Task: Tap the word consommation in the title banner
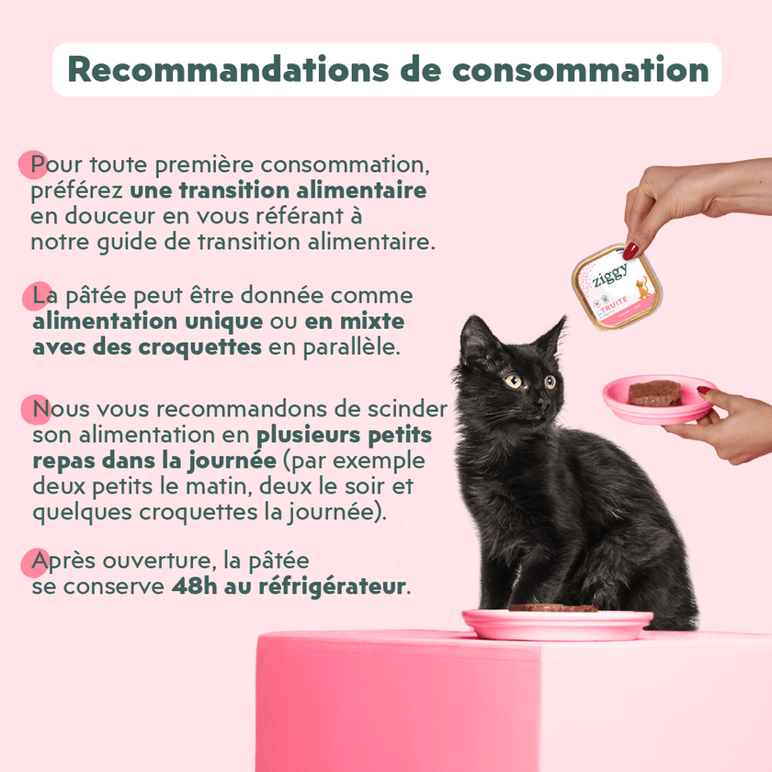pos(581,70)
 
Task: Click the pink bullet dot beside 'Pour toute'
pos(32,165)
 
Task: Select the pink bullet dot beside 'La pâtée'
pos(37,296)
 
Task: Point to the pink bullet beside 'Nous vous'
pos(36,409)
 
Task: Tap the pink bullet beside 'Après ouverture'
pos(35,562)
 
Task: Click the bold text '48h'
pos(195,586)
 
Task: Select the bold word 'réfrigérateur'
pos(333,587)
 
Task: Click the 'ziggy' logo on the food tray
pos(610,275)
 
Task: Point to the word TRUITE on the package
pos(614,304)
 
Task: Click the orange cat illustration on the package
pos(642,288)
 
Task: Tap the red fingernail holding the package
pos(630,251)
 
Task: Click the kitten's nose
pos(542,403)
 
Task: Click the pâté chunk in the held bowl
pos(654,393)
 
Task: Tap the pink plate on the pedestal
pos(557,624)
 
